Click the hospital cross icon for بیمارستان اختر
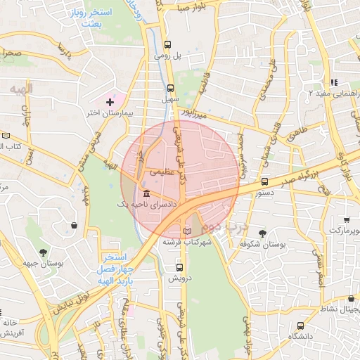(109, 103)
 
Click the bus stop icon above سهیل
(170, 89)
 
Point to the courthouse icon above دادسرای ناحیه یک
(146, 193)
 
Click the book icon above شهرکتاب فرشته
(186, 231)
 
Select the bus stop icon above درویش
(179, 267)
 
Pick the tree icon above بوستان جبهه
(44, 252)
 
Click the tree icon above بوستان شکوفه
(263, 233)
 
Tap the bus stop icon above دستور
(264, 181)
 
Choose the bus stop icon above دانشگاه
(301, 326)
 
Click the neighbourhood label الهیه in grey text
(22, 88)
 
